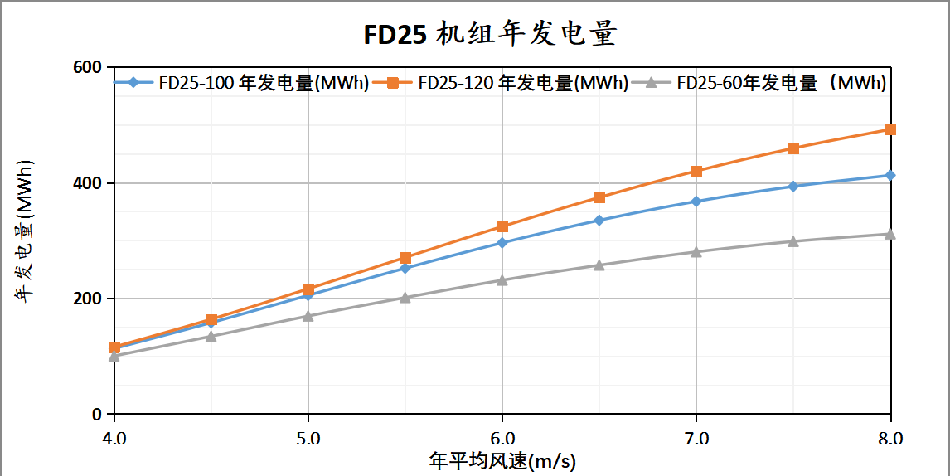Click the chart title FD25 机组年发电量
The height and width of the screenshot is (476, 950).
pyautogui.click(x=491, y=34)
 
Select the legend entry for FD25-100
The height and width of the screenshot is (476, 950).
pyautogui.click(x=241, y=83)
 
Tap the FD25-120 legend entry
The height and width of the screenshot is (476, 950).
pyautogui.click(x=501, y=83)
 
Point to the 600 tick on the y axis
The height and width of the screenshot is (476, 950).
pyautogui.click(x=89, y=67)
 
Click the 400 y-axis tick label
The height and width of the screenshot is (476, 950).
pyautogui.click(x=89, y=182)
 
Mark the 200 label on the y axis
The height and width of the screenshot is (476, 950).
pyautogui.click(x=89, y=299)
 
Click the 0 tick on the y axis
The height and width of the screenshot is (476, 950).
pyautogui.click(x=96, y=414)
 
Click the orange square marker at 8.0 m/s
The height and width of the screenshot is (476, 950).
pyautogui.click(x=890, y=129)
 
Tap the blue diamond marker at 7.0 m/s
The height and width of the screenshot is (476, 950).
pyautogui.click(x=696, y=202)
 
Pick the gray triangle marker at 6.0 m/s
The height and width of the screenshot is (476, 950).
pyautogui.click(x=502, y=280)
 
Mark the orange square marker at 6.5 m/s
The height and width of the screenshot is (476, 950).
pyautogui.click(x=599, y=197)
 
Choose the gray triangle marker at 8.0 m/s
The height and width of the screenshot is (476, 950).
pyautogui.click(x=890, y=235)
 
